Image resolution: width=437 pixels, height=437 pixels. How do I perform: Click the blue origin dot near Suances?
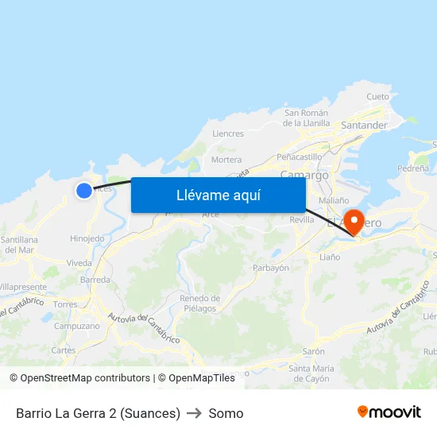(x=84, y=191)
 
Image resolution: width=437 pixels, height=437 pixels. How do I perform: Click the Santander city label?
(x=364, y=126)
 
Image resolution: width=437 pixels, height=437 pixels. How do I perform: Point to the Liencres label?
(x=228, y=133)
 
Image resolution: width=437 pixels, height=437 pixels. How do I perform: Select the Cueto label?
(x=378, y=97)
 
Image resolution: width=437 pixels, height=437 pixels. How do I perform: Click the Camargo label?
(x=304, y=175)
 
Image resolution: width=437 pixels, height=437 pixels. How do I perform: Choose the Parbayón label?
(x=271, y=268)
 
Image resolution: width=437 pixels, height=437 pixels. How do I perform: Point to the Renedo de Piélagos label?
(x=200, y=303)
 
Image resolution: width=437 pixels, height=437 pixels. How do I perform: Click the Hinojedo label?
(x=87, y=238)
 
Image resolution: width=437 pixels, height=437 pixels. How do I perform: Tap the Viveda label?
(x=79, y=263)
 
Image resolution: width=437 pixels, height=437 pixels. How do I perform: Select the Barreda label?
(x=95, y=280)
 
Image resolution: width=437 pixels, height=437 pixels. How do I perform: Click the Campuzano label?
(x=77, y=326)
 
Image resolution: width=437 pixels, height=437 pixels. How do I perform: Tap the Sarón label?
(x=313, y=351)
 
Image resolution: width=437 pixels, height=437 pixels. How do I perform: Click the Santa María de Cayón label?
(x=311, y=373)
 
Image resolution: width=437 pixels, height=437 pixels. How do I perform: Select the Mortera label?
(x=226, y=160)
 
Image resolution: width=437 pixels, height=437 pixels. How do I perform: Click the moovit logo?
(x=389, y=412)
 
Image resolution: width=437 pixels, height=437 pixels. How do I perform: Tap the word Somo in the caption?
(x=226, y=413)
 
